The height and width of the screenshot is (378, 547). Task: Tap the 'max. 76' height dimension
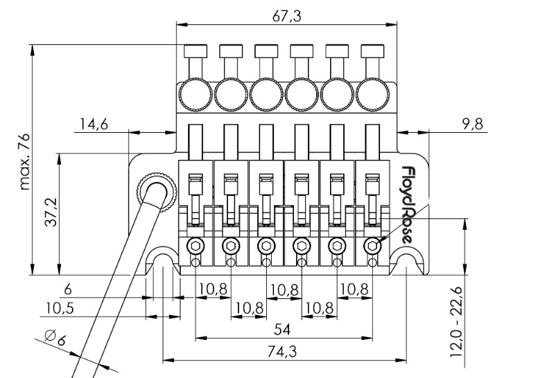pyautogui.click(x=25, y=162)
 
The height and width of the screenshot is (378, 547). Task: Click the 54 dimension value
pyautogui.click(x=282, y=327)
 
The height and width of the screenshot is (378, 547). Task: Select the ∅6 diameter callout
pyautogui.click(x=55, y=339)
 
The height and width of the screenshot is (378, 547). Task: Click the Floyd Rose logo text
pyautogui.click(x=408, y=204)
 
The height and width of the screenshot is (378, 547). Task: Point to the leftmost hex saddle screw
pyautogui.click(x=196, y=246)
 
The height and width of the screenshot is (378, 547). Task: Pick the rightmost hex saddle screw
pyautogui.click(x=373, y=246)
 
